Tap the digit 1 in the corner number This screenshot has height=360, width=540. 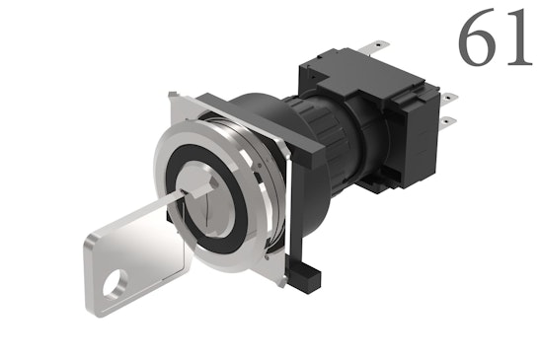pos(517,41)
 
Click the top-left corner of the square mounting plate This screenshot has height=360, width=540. pos(175,94)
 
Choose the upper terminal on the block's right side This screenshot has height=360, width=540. pos(451,97)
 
